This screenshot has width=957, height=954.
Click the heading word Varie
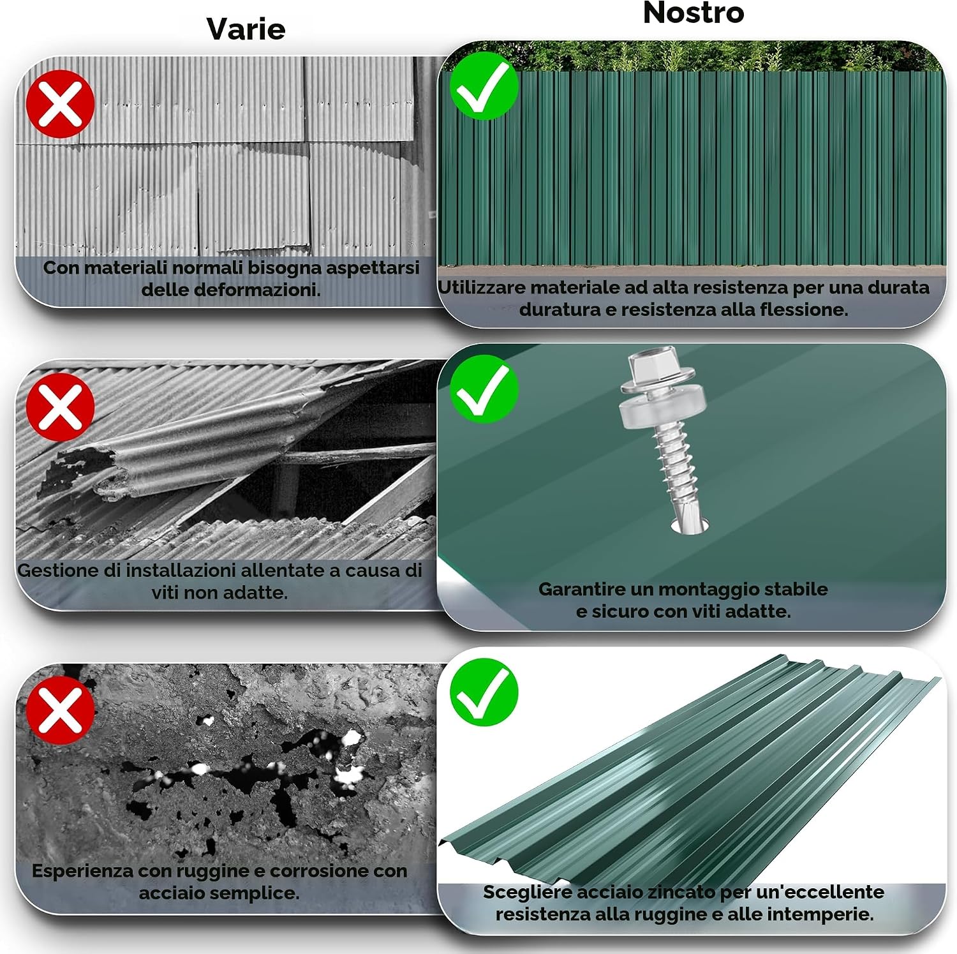246,29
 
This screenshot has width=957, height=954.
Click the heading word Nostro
694,13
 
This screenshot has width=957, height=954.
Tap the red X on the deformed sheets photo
61,104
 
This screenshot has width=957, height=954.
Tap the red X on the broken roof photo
61,407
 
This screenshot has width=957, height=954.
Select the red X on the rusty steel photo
61,710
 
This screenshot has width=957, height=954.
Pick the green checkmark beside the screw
484,389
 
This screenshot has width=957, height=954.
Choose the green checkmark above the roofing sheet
484,692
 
